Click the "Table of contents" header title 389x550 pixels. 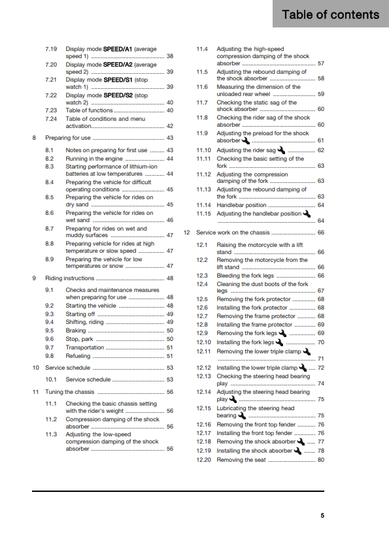(x=330, y=14)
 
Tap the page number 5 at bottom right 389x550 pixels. (x=322, y=515)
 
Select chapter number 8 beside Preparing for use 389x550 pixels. (x=34, y=138)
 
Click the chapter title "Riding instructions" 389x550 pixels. (x=70, y=278)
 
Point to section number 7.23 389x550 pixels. (x=52, y=110)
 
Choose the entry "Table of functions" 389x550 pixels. (x=88, y=110)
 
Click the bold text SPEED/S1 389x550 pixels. (x=118, y=79)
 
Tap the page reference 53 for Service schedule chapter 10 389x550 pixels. (x=169, y=368)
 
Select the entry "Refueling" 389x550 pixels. (x=78, y=356)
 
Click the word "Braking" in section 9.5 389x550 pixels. (x=76, y=331)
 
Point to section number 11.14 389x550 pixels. (x=204, y=205)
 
